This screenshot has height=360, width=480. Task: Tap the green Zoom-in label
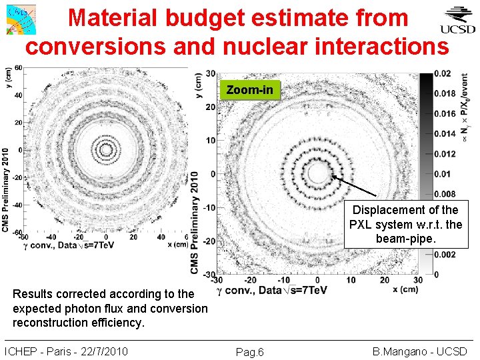249,90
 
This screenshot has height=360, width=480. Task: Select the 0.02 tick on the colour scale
442,73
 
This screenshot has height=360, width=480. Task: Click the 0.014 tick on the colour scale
445,134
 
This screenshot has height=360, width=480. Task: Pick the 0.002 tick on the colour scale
445,254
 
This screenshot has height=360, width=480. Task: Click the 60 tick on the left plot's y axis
18,68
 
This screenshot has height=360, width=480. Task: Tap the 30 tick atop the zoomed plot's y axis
210,73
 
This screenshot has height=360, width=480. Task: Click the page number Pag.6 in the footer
250,352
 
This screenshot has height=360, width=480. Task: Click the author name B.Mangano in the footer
397,351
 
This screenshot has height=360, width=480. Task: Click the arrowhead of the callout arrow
333,178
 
